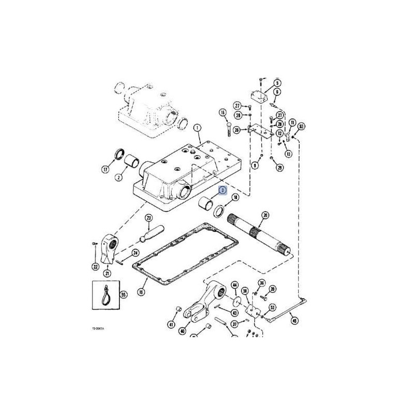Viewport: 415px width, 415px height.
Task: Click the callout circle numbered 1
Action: (198, 128)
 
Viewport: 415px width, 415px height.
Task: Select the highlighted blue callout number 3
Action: (222, 191)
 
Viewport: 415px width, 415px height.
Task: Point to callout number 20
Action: (265, 215)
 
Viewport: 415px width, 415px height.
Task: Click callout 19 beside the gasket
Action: (141, 292)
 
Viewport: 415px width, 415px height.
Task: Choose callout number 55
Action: (123, 294)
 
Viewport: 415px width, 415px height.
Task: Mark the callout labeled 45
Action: (295, 320)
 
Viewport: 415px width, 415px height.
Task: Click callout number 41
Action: (170, 325)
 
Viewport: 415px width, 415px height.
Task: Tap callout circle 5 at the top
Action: (277, 83)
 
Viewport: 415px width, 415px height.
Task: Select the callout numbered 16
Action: (223, 113)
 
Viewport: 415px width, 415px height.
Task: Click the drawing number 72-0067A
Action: (99, 328)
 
